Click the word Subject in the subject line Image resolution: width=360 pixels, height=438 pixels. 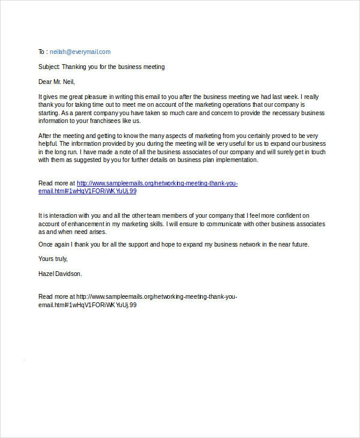[49, 67]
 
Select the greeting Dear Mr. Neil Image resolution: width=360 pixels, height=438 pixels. [58, 82]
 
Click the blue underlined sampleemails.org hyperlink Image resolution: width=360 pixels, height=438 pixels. [157, 183]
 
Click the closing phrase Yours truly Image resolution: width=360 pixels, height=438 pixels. [53, 259]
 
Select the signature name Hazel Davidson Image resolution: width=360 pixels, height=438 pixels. [60, 274]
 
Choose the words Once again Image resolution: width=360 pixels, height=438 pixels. [55, 244]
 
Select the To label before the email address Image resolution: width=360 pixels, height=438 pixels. [41, 52]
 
